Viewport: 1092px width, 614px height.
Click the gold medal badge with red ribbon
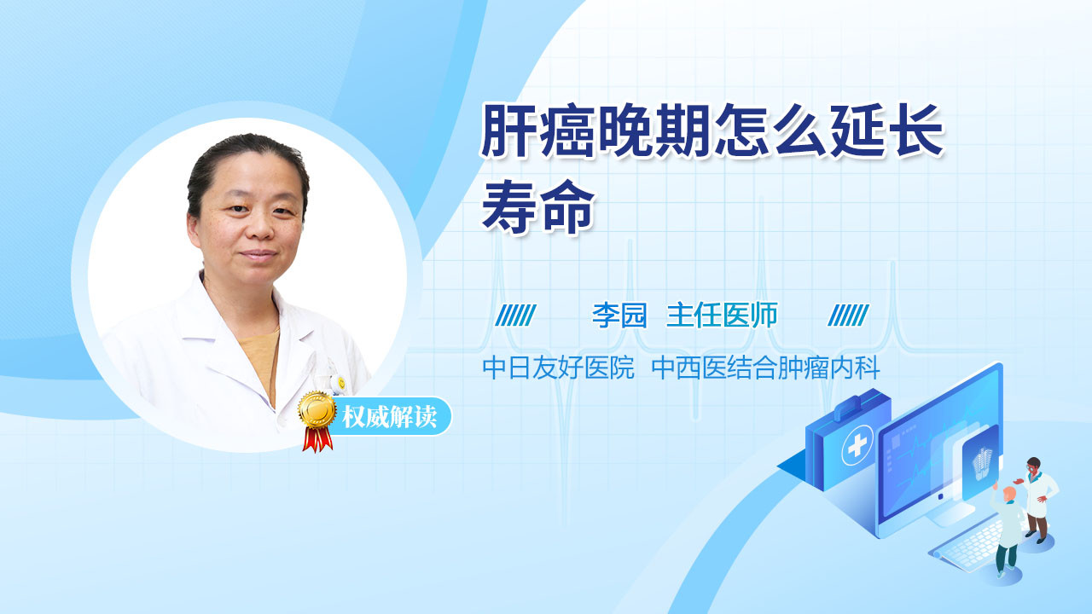tap(317, 420)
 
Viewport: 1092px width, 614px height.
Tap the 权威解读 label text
tap(389, 417)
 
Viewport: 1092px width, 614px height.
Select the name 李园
tap(619, 316)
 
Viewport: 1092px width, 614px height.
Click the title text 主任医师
tap(722, 316)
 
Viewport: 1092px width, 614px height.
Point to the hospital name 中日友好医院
tap(558, 368)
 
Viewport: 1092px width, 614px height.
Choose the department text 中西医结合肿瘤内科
tap(765, 368)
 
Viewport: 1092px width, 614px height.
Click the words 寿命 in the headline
tap(538, 207)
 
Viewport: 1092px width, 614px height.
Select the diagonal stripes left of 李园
tap(515, 316)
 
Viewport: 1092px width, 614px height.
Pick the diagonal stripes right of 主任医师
tap(848, 316)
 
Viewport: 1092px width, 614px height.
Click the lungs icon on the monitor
tap(982, 464)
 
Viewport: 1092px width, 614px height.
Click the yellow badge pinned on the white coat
tap(341, 383)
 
